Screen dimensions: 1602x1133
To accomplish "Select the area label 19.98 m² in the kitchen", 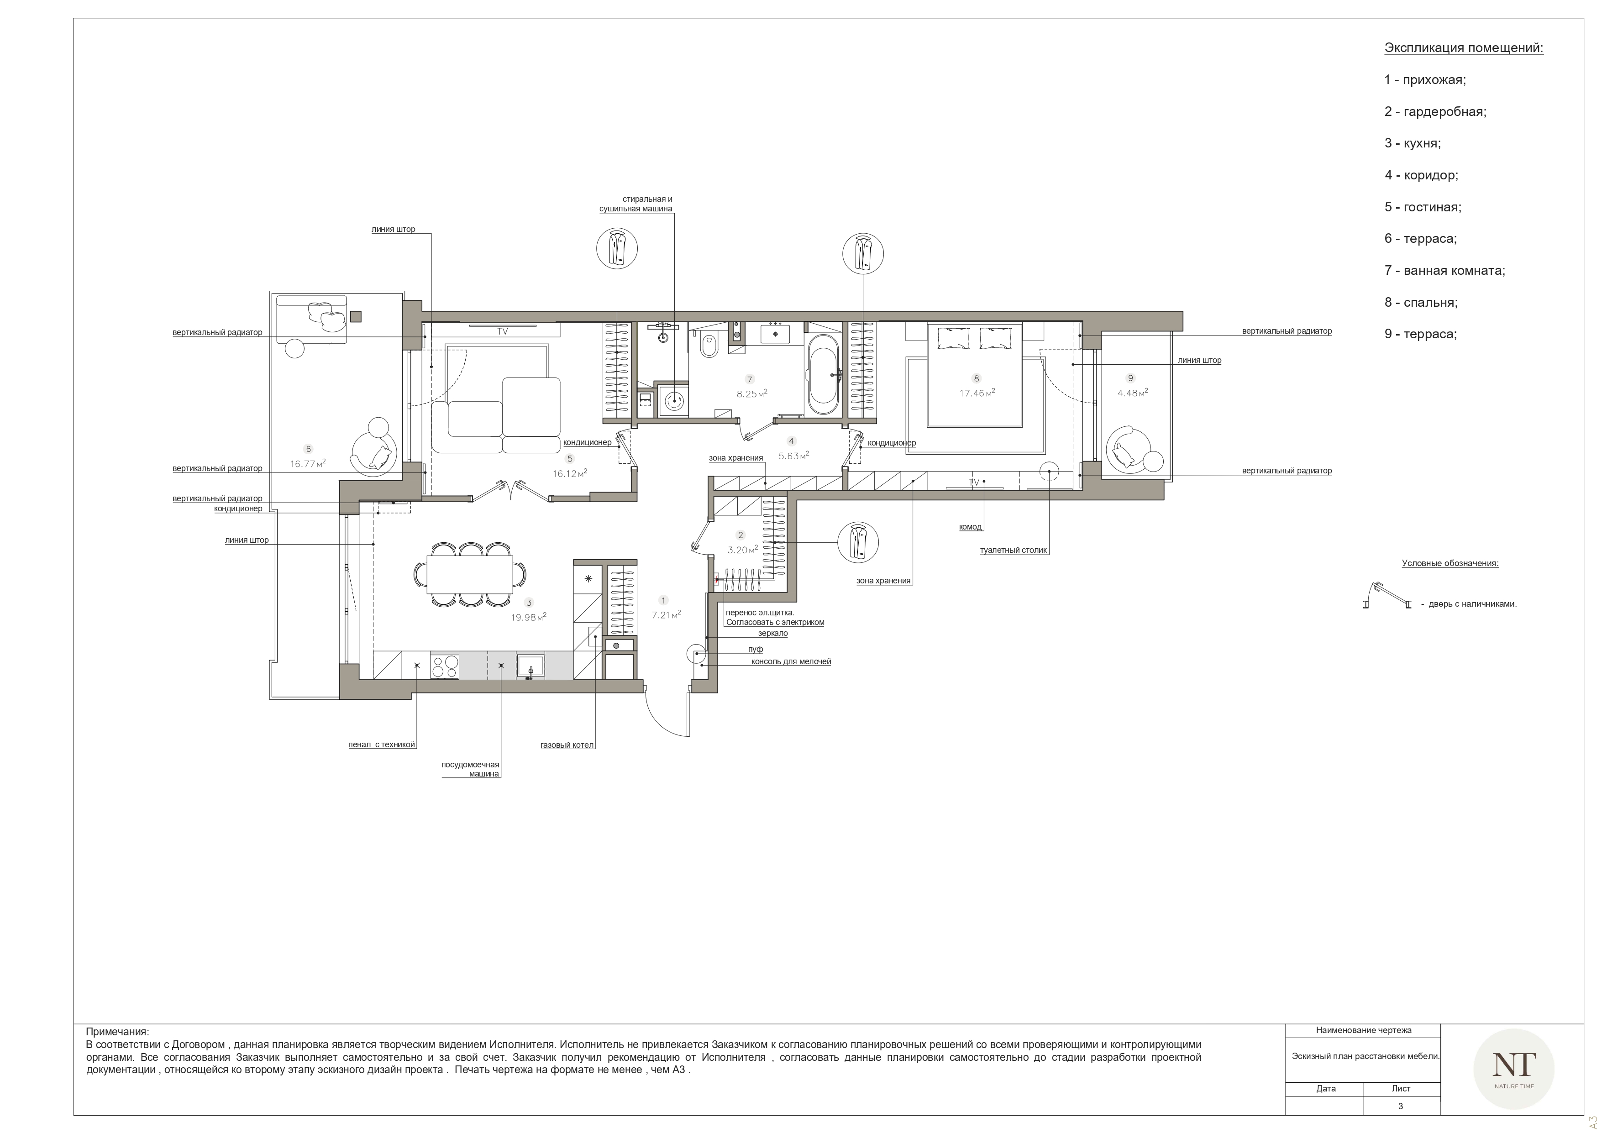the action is pos(528,617).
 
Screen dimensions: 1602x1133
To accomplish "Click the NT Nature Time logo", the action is pos(1513,1069).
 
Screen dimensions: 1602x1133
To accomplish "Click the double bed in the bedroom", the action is pos(975,374).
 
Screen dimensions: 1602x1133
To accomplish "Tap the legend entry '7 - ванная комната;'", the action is pos(1445,271).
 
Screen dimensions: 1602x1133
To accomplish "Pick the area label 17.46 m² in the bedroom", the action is pos(977,393).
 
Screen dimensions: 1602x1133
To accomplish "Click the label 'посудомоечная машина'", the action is pos(470,770).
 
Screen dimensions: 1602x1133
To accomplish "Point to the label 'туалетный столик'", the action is pos(1013,551).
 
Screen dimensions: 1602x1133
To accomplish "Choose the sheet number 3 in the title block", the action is pos(1400,1106).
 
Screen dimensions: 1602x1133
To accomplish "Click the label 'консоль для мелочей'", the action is pos(791,661).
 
